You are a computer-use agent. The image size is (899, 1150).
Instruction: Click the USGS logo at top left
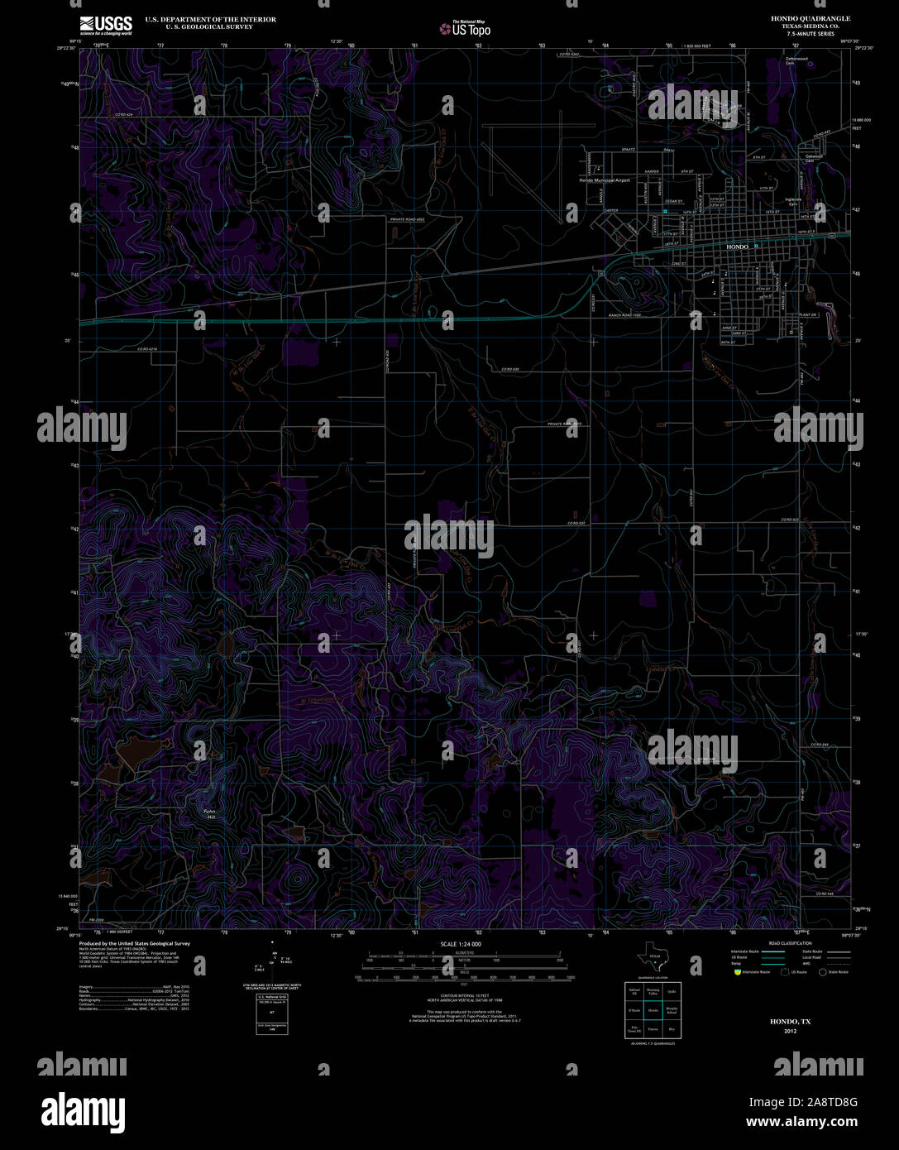(106, 25)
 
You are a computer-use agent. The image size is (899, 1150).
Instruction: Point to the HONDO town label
(736, 247)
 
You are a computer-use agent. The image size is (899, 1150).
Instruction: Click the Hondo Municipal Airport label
(605, 180)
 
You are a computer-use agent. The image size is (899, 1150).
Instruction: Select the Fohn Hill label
(209, 814)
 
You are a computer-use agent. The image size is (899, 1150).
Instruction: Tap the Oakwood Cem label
(814, 158)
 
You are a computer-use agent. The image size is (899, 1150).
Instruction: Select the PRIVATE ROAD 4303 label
(407, 219)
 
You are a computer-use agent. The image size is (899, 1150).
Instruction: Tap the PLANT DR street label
(808, 315)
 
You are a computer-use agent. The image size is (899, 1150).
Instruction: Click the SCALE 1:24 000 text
(461, 944)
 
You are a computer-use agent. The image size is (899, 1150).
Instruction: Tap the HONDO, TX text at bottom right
(790, 1022)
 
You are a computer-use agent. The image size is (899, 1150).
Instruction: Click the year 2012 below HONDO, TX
(790, 1031)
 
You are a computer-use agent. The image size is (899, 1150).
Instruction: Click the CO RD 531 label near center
(576, 524)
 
